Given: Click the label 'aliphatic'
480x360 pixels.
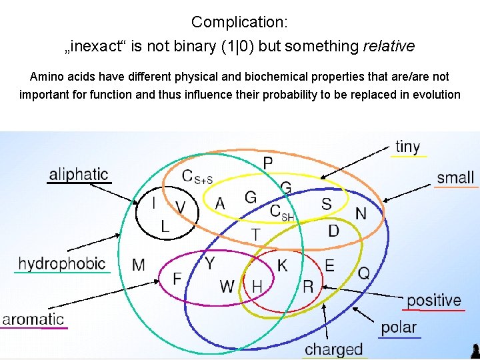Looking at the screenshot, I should point(78,175).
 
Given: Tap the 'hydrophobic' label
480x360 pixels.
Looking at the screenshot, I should point(62,264).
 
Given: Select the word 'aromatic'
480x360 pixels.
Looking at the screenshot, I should point(33,319).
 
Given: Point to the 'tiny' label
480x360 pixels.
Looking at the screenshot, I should point(407,147).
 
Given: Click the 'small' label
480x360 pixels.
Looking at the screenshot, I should point(456,177).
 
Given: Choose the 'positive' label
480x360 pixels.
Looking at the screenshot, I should point(434,301).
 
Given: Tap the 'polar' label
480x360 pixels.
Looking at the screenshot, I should point(399,327).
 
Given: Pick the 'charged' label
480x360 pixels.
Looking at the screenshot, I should point(334,349).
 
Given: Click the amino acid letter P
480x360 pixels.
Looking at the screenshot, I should point(267,163).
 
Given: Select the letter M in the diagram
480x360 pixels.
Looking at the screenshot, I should point(139,265).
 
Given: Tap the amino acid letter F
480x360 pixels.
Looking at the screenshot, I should point(177,278).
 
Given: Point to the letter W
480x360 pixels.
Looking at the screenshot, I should point(227,287).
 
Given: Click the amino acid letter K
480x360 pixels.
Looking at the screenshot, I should point(283,265).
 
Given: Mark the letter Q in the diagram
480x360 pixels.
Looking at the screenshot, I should point(364,272).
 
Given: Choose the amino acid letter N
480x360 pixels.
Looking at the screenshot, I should point(361,213).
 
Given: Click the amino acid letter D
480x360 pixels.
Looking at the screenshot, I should point(333,231).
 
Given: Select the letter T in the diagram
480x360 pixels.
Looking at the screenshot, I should point(255,234).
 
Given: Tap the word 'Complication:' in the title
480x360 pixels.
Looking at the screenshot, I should point(239,22).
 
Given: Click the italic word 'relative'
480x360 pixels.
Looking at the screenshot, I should point(388,46).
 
